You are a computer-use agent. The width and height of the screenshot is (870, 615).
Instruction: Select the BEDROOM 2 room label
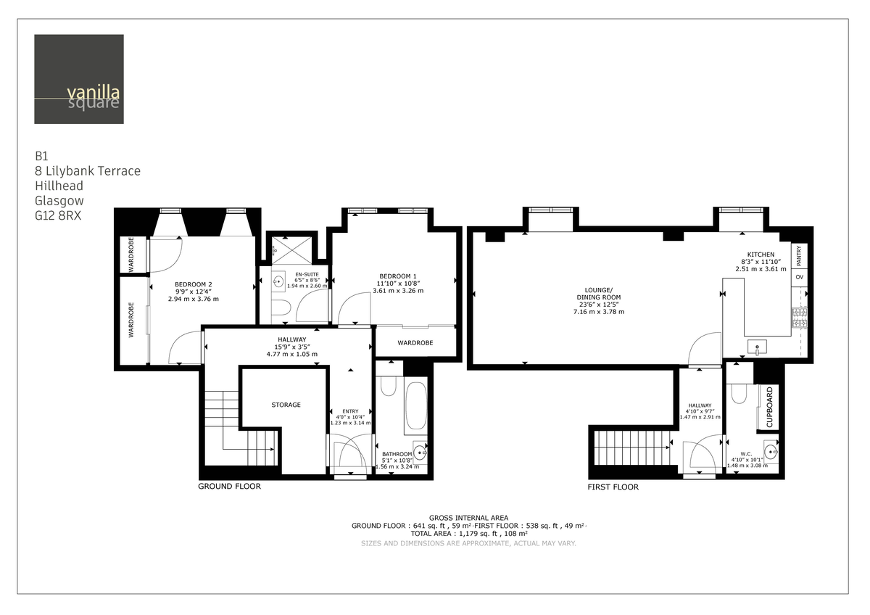pyautogui.click(x=193, y=284)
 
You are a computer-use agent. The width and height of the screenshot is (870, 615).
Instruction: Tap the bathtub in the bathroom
pyautogui.click(x=415, y=406)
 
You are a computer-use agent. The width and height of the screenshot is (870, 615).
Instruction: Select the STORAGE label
pyautogui.click(x=286, y=405)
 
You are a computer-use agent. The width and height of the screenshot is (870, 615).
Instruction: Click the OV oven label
pyautogui.click(x=800, y=278)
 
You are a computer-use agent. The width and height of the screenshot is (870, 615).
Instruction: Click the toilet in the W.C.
pyautogui.click(x=739, y=392)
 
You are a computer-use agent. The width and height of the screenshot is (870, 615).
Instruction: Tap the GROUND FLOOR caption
pyautogui.click(x=229, y=487)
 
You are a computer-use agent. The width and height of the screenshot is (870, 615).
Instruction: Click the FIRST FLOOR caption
pyautogui.click(x=613, y=487)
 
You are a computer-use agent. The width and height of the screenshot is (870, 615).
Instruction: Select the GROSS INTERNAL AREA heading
pyautogui.click(x=468, y=517)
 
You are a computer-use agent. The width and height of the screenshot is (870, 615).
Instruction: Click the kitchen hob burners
pyautogui.click(x=802, y=318)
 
